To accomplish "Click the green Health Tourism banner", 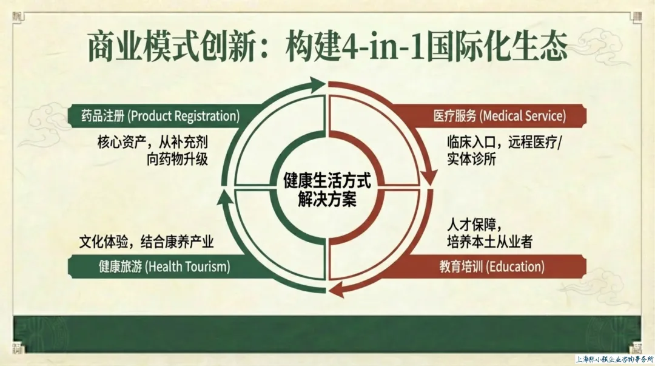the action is click(155, 266).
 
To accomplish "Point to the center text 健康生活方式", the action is click(327, 181).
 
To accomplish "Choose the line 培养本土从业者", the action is click(489, 242).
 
